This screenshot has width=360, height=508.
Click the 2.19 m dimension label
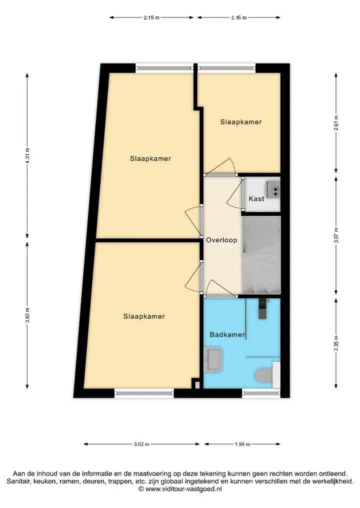tap(151, 17)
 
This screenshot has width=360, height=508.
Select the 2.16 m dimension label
tap(238, 17)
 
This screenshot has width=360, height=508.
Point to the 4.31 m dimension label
tap(27, 156)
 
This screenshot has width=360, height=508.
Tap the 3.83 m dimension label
tap(27, 315)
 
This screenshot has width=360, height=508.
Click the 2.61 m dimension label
tap(336, 123)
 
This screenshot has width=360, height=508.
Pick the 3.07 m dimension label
tap(336, 235)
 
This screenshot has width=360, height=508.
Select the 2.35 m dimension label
tap(336, 343)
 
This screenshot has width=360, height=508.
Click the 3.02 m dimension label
tap(141, 444)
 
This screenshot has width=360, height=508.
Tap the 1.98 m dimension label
tap(242, 444)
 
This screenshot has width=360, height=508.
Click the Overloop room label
tap(221, 240)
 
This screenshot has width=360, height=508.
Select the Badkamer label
tap(227, 335)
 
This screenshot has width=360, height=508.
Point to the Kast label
tap(256, 199)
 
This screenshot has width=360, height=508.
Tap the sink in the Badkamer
tap(213, 359)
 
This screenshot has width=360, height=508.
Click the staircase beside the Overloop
tap(261, 255)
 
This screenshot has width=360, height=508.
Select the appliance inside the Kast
tap(273, 188)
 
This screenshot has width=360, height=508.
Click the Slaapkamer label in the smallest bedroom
tap(241, 122)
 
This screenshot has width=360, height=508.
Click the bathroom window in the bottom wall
tap(261, 393)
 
